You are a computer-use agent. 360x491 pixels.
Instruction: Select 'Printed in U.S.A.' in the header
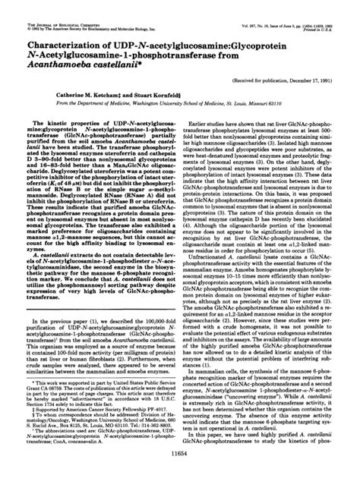tap(333, 9)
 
